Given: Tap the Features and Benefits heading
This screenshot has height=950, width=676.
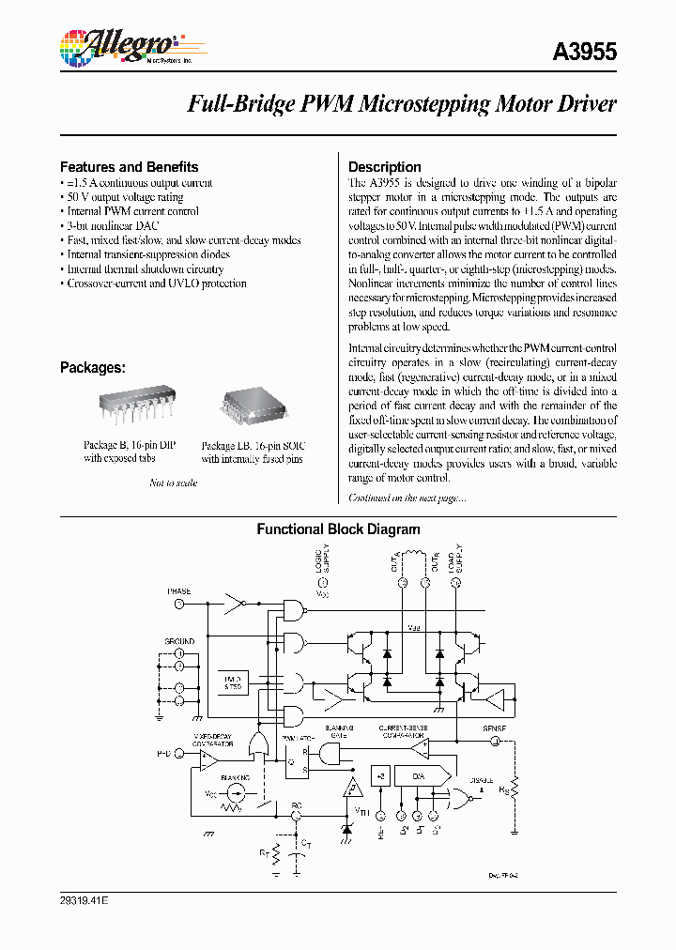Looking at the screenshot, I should pyautogui.click(x=129, y=167).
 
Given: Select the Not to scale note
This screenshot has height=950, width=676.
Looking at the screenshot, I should pyautogui.click(x=174, y=483).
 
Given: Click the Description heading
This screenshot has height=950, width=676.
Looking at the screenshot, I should pyautogui.click(x=384, y=167).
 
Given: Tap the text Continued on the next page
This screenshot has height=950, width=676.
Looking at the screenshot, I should pyautogui.click(x=407, y=498).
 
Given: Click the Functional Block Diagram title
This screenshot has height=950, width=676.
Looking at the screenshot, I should pyautogui.click(x=338, y=529).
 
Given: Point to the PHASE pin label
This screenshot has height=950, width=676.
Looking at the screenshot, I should pyautogui.click(x=178, y=591).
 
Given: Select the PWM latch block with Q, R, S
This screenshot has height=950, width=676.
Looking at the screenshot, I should pyautogui.click(x=299, y=756).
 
